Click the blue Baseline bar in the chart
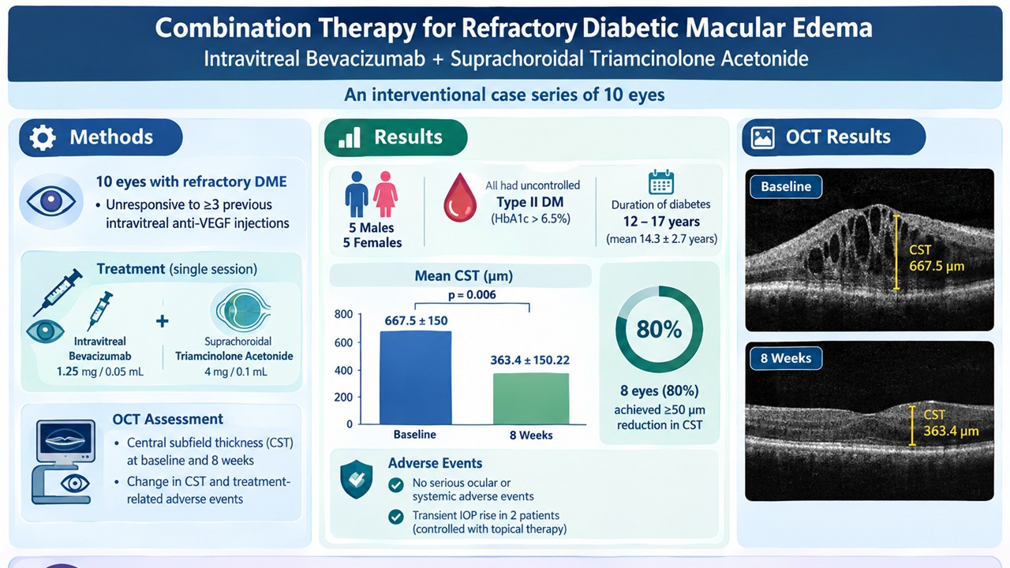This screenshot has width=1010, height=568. click(x=415, y=378)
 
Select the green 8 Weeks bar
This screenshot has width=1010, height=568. click(x=531, y=399)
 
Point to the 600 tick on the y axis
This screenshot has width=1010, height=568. click(x=343, y=342)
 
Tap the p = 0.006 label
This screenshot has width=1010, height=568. click(x=472, y=295)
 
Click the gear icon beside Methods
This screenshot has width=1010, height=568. click(x=43, y=137)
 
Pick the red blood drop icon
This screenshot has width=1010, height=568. click(x=460, y=197)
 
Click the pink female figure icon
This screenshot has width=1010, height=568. click(x=386, y=194)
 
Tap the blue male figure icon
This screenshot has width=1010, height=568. click(x=357, y=194)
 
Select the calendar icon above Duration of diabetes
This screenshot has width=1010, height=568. click(x=661, y=182)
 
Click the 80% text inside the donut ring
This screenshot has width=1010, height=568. click(x=659, y=329)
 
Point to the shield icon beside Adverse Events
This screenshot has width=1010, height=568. click(x=356, y=479)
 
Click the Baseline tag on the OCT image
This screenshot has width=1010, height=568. click(x=786, y=187)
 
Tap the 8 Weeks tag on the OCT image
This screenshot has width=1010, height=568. click(x=786, y=358)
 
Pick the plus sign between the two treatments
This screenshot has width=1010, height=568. click(x=163, y=321)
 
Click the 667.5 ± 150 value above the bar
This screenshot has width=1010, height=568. click(x=416, y=321)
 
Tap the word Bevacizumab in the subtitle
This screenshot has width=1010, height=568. click(x=365, y=59)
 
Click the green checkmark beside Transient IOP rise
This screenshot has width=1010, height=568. click(x=396, y=517)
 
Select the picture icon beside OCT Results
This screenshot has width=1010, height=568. click(x=763, y=137)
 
